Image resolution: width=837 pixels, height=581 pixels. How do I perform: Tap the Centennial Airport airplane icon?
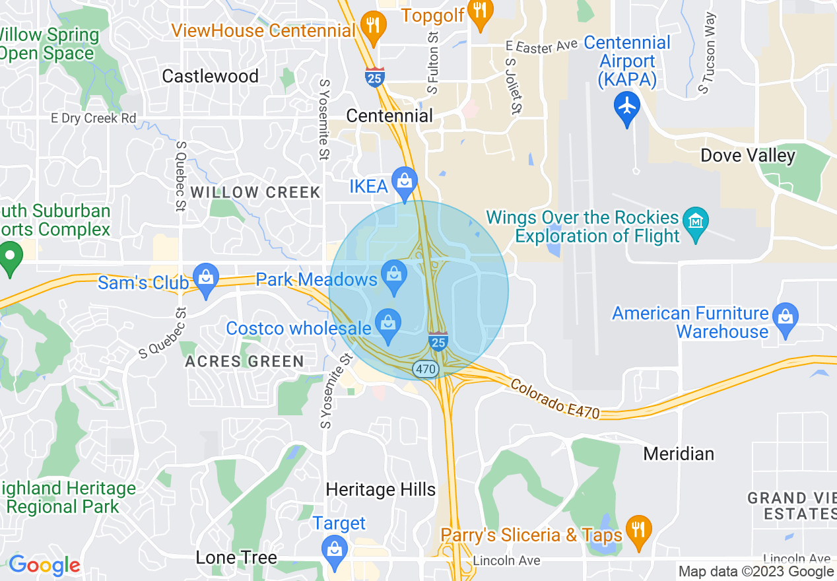coord(626,106)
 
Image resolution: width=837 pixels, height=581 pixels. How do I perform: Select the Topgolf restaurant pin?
coord(480,11)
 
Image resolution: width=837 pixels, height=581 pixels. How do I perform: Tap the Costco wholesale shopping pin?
coord(387,324)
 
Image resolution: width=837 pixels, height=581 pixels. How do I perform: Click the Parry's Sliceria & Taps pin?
coord(638,530)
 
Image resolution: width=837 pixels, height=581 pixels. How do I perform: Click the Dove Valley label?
coord(748,156)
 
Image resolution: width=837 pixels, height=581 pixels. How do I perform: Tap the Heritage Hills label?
coord(381,490)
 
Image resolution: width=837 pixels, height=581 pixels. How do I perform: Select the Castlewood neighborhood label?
coord(211,77)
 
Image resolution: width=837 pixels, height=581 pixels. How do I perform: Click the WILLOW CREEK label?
coord(255,193)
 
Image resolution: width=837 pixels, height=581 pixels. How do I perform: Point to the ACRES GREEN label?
coord(244,362)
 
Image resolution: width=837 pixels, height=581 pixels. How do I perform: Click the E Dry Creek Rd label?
coord(94,119)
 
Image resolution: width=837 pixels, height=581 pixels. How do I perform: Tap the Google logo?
coord(44,565)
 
